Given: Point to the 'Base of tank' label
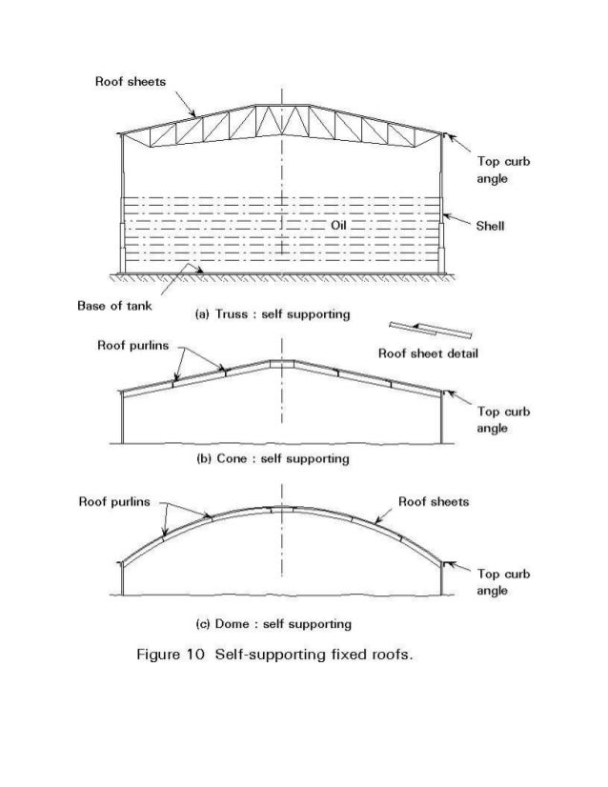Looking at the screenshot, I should pos(113,306).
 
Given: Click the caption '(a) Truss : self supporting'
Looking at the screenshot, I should pos(259,314).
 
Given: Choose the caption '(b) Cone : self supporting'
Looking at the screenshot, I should pos(259,459).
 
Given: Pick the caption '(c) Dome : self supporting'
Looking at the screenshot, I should pos(259,624).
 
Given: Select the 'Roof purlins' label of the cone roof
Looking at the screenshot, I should pos(133,346).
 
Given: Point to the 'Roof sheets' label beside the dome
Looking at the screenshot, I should pos(433,502).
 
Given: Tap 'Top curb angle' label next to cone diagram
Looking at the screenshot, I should pos(504,420).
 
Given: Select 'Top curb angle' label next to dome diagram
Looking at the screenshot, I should pos(504,582).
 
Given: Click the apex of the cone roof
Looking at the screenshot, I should pos(282,361).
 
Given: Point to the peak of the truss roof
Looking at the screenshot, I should pos(282,104).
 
